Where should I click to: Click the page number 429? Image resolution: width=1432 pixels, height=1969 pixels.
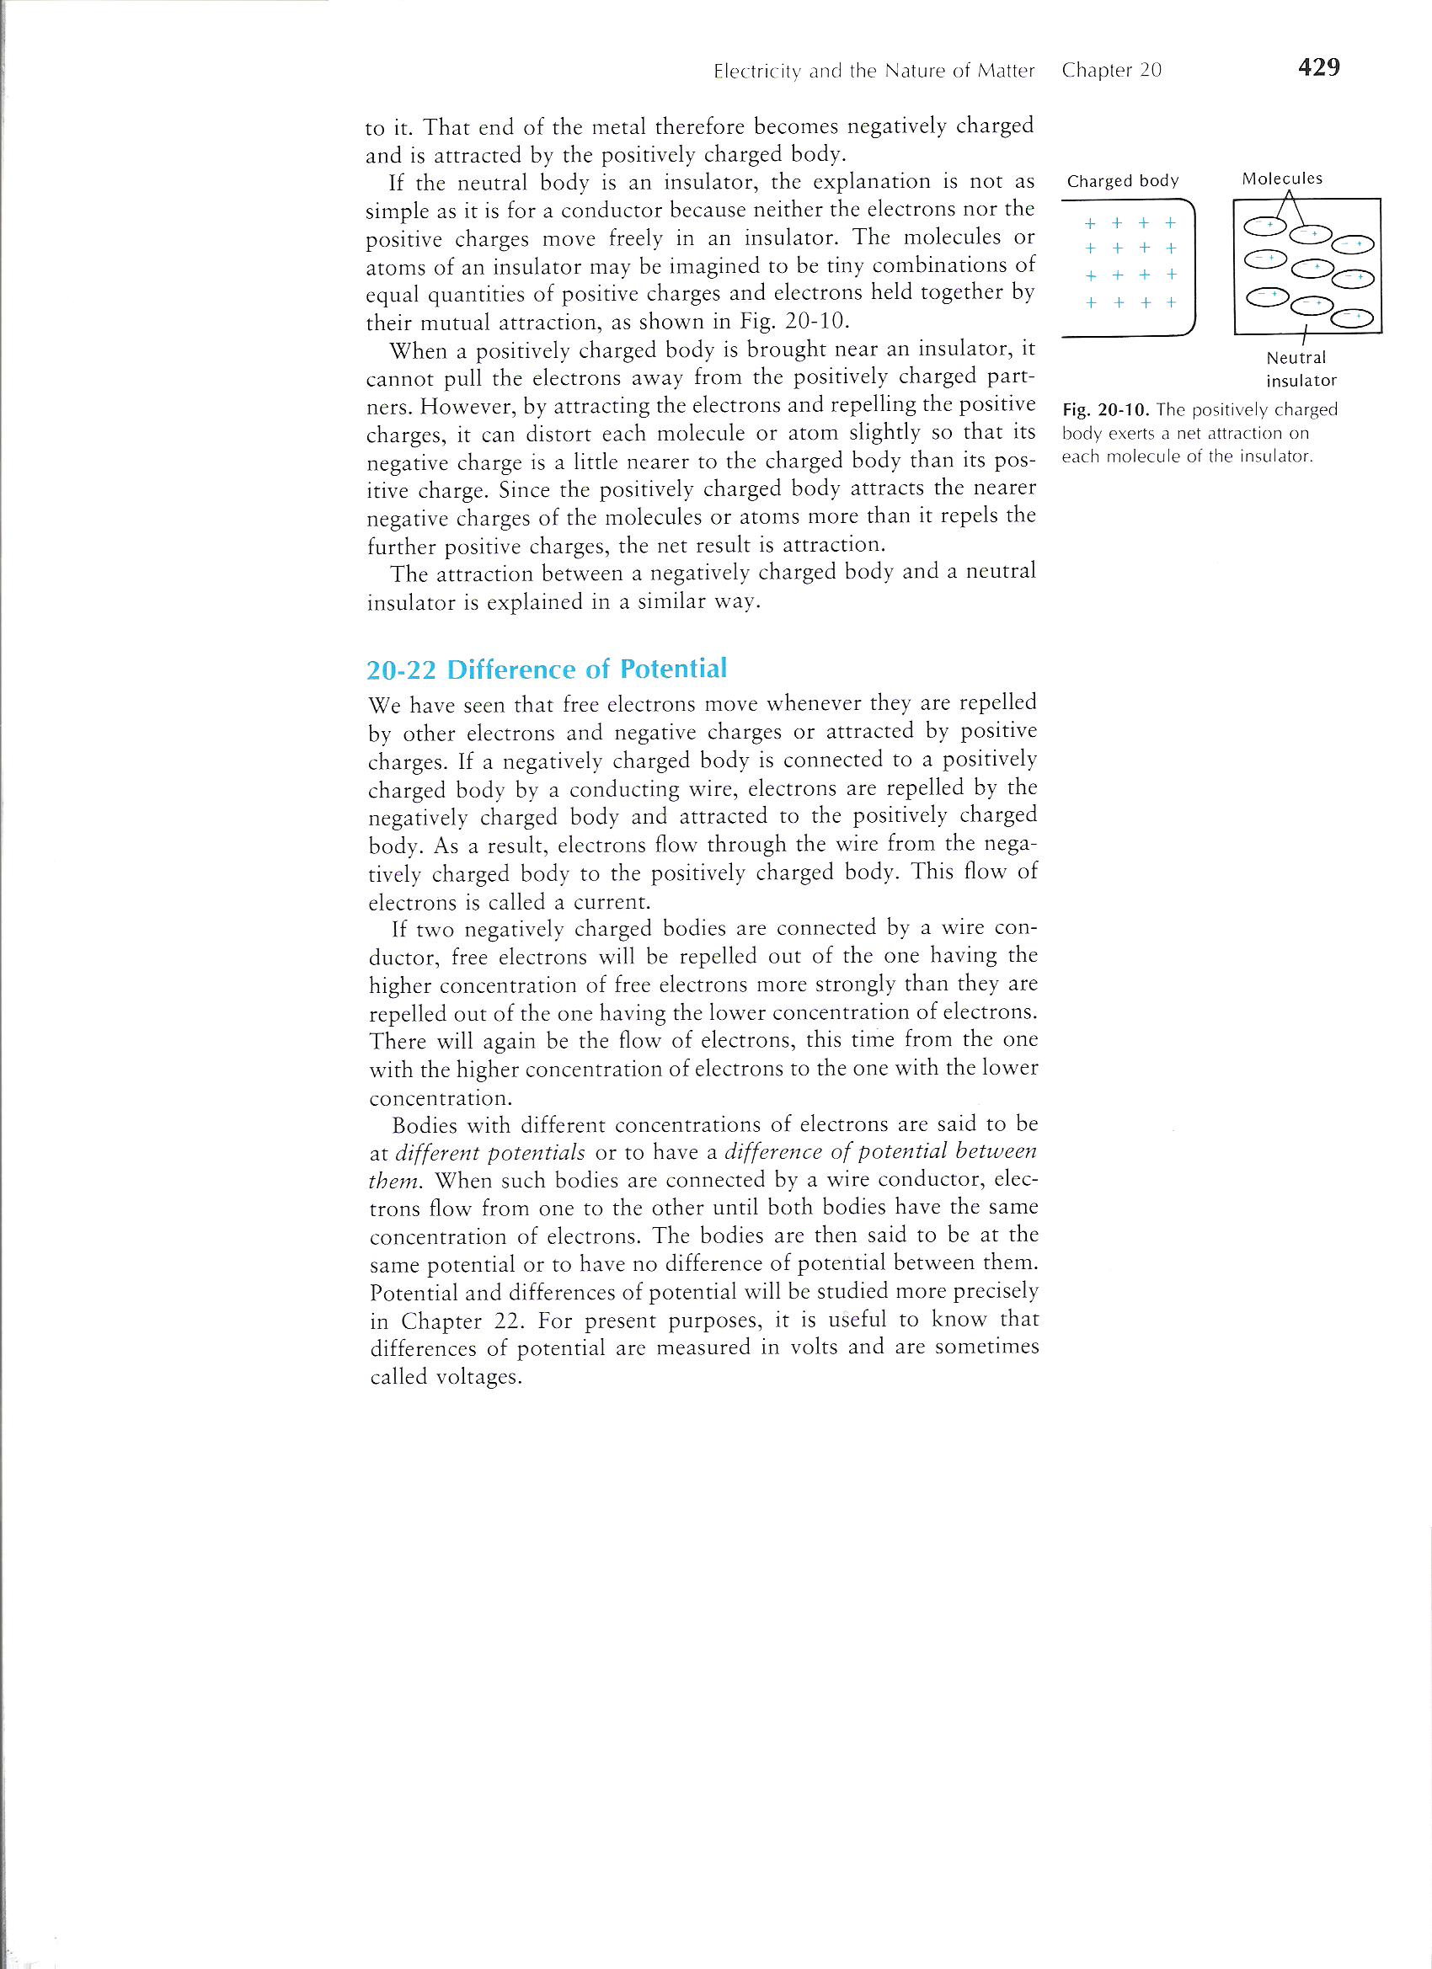1318,67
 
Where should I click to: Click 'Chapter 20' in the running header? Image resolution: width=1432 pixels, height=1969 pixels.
1111,72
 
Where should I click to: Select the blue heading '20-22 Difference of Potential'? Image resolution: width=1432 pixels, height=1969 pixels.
546,669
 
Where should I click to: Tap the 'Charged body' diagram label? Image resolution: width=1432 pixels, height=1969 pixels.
1122,180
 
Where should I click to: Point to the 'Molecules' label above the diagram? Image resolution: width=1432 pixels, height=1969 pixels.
1282,178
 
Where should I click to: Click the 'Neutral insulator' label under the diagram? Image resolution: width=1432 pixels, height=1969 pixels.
1300,368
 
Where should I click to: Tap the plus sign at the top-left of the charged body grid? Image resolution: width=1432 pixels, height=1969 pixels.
1091,223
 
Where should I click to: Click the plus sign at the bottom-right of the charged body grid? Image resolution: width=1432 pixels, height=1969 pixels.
1170,303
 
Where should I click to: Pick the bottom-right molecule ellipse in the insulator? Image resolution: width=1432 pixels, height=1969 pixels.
1352,318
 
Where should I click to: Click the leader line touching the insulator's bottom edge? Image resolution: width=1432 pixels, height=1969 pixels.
1306,339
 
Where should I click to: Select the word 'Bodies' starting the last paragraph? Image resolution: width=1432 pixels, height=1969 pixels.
423,1125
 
